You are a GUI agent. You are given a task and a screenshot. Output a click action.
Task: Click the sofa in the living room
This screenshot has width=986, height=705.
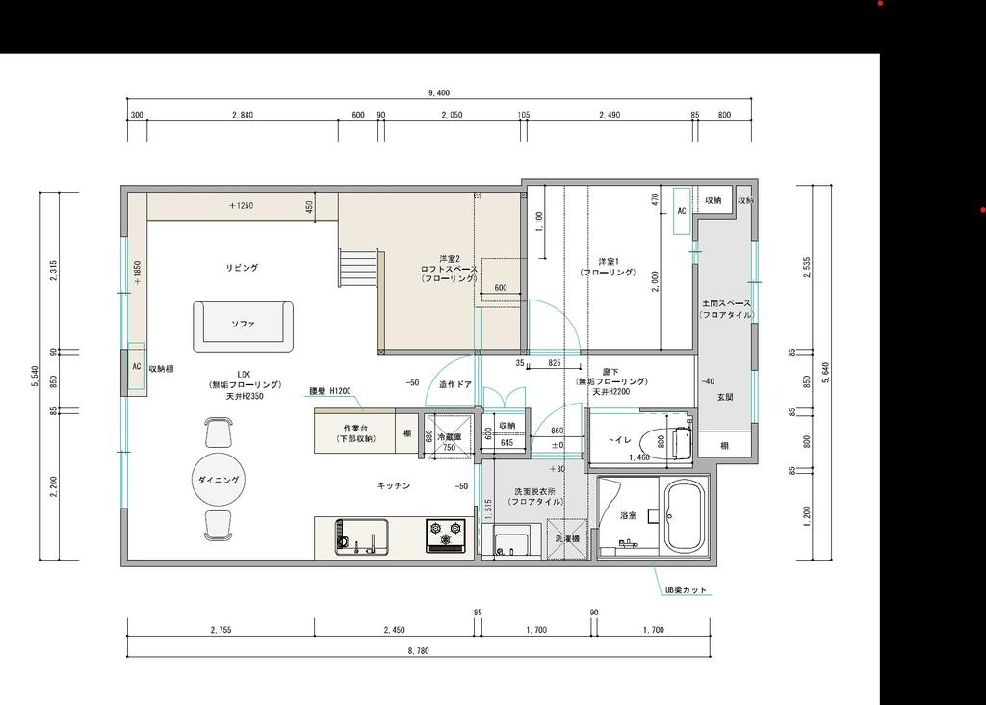243,326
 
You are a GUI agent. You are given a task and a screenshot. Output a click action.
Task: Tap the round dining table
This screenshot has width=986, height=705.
220,479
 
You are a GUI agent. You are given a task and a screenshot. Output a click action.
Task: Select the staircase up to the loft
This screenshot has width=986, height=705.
357,267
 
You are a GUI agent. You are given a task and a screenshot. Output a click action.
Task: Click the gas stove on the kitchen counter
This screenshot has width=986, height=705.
446,535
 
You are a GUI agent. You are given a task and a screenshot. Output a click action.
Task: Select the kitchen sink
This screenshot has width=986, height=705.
361,535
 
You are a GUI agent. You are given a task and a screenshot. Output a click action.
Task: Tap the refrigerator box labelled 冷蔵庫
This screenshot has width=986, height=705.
449,436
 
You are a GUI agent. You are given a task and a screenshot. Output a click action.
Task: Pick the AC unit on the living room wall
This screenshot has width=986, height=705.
136,366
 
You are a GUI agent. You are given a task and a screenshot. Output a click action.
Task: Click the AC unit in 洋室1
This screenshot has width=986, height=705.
681,211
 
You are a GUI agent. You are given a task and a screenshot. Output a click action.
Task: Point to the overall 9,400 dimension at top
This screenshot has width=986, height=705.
439,93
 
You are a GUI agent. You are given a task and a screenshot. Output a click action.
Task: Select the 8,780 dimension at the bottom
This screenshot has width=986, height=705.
419,652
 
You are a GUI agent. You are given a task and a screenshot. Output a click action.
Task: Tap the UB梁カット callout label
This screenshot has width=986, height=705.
688,589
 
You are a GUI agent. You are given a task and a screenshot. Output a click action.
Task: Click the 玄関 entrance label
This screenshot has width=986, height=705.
725,397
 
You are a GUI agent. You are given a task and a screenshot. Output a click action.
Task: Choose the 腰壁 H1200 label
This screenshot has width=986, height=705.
329,392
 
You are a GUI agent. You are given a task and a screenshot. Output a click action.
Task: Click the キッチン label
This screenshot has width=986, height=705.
394,486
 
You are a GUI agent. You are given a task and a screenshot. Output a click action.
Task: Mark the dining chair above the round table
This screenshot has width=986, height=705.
220,431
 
